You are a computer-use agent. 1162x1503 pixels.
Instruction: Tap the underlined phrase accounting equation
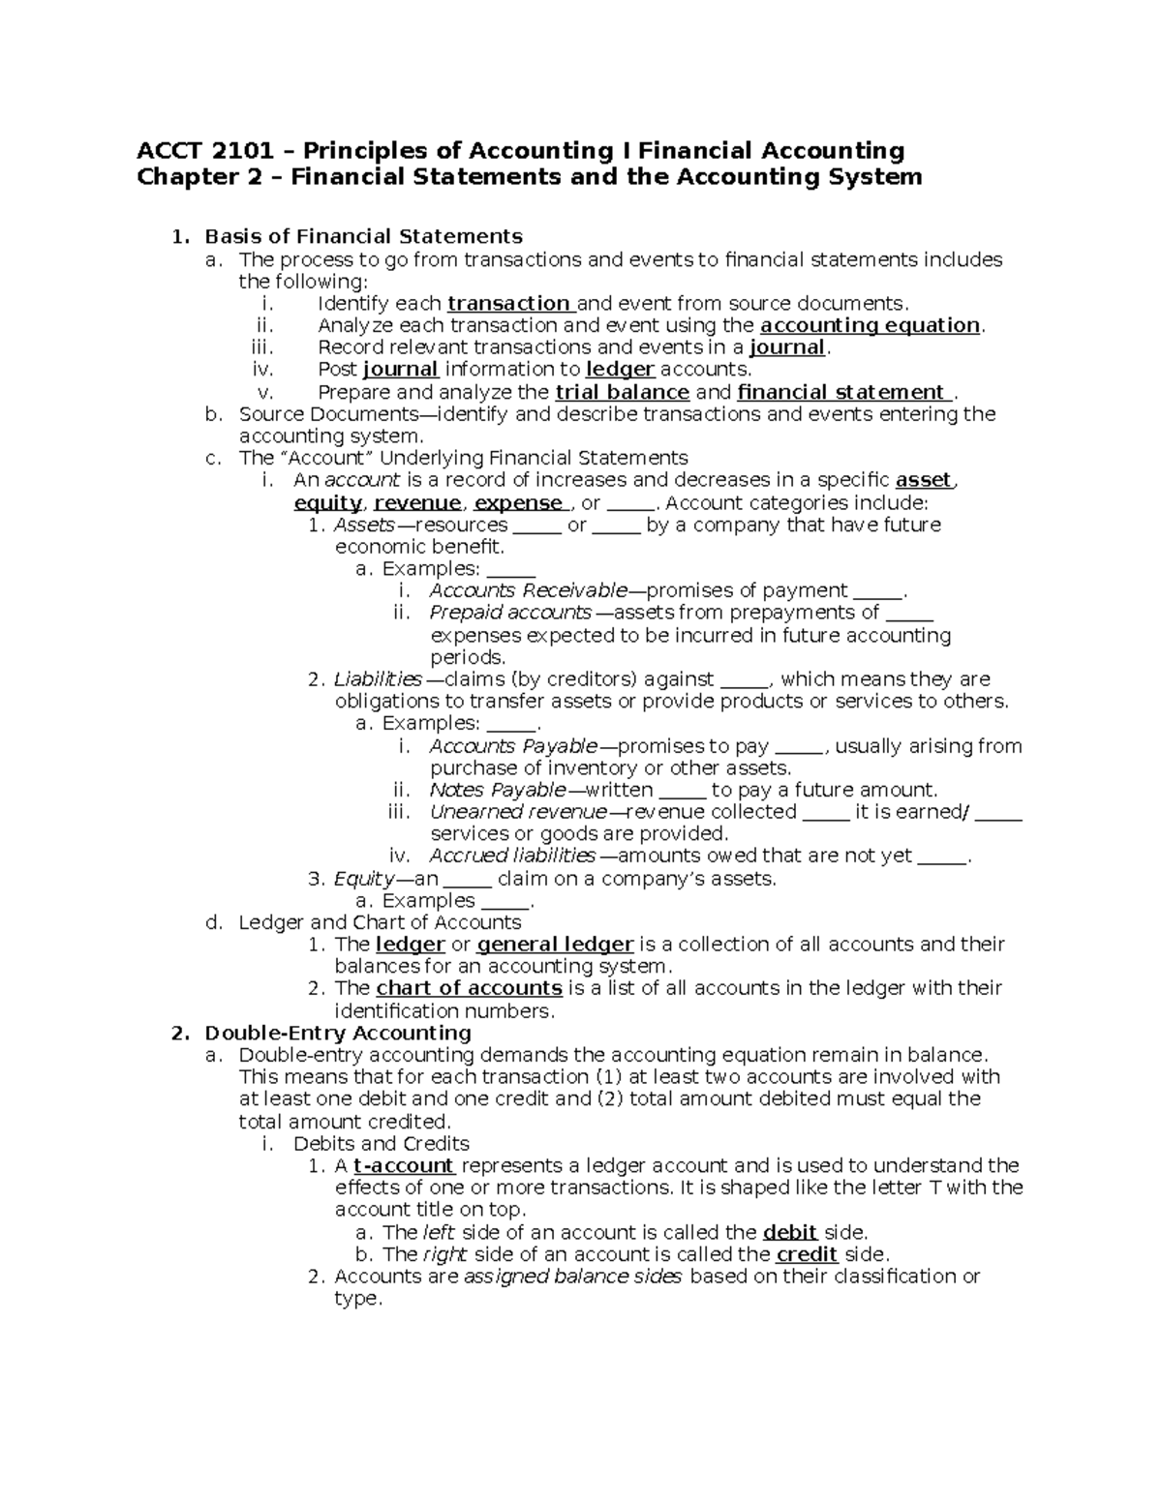[x=871, y=325]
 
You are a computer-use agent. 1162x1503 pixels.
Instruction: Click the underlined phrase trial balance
[x=622, y=392]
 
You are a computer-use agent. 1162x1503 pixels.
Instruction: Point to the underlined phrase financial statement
[x=841, y=392]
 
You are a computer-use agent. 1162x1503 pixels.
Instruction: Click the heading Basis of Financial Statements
[x=364, y=236]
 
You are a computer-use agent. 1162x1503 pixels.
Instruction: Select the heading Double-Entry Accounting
[x=338, y=1033]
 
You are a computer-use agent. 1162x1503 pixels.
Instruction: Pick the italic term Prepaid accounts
[x=510, y=613]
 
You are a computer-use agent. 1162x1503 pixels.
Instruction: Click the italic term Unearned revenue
[x=518, y=812]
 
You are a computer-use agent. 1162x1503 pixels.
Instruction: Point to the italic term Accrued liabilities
[x=512, y=856]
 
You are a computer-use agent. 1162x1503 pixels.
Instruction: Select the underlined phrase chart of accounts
[x=469, y=988]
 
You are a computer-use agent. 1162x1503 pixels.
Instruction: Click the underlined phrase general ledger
[x=556, y=945]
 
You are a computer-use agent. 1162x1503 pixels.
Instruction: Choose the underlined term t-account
[x=404, y=1165]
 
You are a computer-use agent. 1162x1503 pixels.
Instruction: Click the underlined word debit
[x=791, y=1232]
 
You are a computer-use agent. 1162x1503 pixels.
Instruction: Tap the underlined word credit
[x=808, y=1254]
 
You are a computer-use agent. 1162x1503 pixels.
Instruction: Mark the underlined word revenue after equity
[x=417, y=503]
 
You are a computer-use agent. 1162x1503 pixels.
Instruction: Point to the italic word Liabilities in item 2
[x=378, y=679]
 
